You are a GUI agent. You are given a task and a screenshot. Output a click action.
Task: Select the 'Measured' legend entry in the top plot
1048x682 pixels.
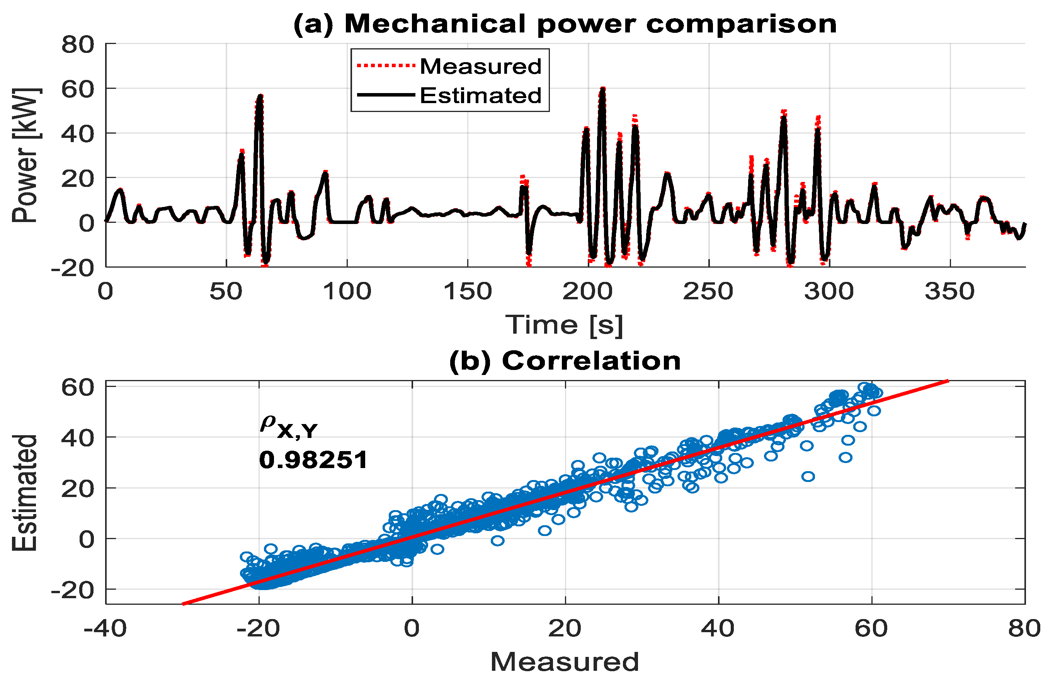point(480,66)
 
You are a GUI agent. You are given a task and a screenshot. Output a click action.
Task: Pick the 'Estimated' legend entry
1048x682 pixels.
point(480,95)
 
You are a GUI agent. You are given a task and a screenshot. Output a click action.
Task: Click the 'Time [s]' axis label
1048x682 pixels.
point(565,325)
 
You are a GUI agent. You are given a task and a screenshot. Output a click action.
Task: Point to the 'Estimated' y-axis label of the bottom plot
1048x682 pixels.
point(25,493)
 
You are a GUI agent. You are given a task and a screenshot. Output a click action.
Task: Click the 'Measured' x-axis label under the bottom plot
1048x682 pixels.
point(565,661)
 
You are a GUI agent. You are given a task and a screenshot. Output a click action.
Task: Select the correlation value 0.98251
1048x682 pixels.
point(313,460)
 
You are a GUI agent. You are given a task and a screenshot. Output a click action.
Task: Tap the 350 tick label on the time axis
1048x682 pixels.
point(950,292)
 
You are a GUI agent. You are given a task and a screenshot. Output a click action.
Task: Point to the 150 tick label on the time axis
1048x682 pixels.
point(467,292)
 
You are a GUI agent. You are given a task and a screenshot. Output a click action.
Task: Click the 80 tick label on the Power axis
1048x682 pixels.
point(78,44)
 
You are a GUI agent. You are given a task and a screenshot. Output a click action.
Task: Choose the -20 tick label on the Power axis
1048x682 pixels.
point(73,268)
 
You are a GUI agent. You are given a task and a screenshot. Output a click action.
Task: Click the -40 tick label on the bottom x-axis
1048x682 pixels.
point(105,628)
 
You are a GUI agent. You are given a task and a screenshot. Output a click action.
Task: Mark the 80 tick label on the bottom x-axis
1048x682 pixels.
point(1024,628)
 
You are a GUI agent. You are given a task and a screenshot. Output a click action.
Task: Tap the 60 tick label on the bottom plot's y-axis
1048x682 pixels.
point(78,388)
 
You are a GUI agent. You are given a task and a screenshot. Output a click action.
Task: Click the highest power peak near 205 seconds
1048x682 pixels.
point(602,89)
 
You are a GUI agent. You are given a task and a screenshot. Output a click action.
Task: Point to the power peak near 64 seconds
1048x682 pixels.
point(260,96)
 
